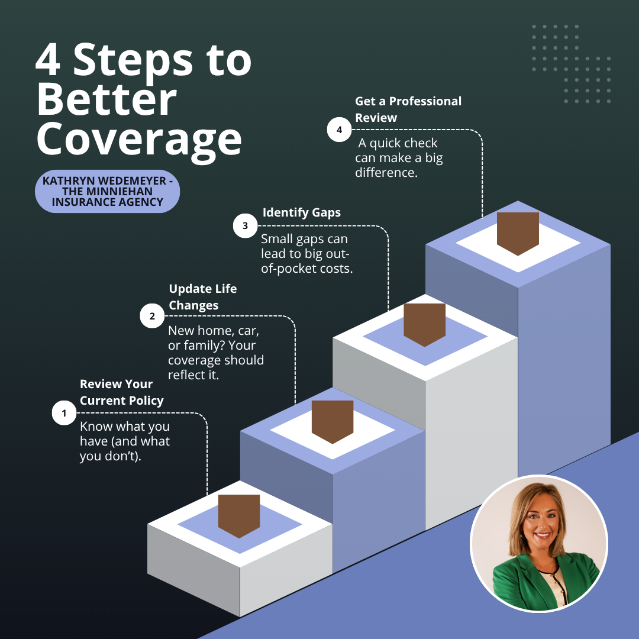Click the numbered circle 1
pos(64,413)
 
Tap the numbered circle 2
pos(152,316)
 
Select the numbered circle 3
pos(245,225)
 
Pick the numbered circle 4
pos(339,130)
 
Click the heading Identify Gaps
pos(302,212)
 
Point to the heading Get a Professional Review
pos(408,109)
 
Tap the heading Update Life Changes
pos(202,296)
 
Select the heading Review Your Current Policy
pos(121,392)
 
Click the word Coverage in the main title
pos(140,140)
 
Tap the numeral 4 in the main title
pos(48,60)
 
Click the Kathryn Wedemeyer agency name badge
pos(108,191)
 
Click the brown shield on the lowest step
pos(239,516)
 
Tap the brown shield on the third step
pos(425,325)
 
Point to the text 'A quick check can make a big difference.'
pos(399,158)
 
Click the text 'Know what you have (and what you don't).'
pos(125,441)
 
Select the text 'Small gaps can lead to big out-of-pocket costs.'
pos(306,253)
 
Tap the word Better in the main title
pos(106,99)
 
